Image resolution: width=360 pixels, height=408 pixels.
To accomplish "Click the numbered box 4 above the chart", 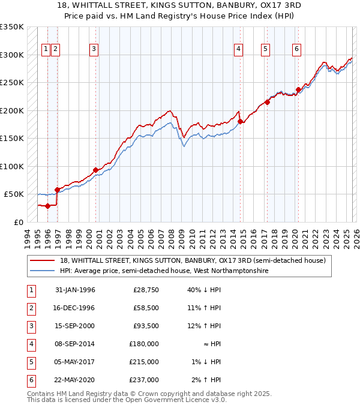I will [x=238, y=49].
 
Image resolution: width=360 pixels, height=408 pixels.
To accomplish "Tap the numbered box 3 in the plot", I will [x=94, y=49].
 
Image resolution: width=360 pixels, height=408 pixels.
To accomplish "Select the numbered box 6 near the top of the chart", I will [x=296, y=49].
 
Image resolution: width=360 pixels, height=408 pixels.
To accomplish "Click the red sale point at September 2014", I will [x=240, y=122].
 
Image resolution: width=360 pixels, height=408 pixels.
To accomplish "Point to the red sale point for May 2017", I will [x=268, y=102].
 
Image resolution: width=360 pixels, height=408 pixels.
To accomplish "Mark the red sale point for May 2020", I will [x=298, y=90].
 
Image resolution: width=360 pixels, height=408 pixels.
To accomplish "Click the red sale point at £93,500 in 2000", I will [x=95, y=170].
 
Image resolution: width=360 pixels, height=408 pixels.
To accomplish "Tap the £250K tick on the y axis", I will [x=12, y=83].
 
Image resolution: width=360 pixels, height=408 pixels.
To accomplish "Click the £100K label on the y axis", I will [x=12, y=166].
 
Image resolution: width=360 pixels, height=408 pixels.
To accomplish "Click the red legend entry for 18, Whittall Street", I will [x=192, y=260].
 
